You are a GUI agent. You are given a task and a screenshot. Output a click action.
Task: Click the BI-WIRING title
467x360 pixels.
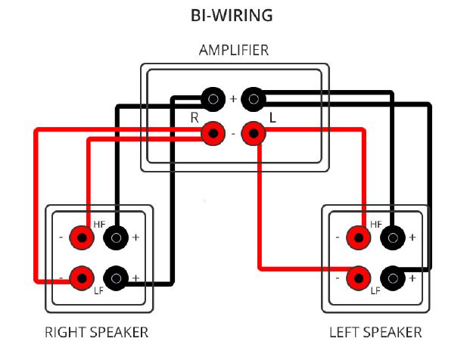point(232,15)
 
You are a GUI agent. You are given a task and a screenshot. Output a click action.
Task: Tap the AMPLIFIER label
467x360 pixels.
point(234,50)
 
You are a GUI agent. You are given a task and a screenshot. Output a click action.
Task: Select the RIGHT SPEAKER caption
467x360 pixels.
point(96,332)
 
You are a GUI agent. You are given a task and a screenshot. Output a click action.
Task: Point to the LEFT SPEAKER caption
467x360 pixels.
point(375,332)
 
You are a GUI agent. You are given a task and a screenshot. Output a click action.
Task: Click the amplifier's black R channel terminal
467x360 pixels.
point(213,99)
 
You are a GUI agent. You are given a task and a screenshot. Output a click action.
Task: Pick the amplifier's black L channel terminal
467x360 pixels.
point(254,99)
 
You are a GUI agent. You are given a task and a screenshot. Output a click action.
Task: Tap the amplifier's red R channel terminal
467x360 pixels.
point(213,134)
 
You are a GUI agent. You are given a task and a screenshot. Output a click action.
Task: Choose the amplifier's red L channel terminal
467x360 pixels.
point(254,134)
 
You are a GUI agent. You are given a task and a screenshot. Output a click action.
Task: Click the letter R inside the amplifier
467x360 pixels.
point(195,118)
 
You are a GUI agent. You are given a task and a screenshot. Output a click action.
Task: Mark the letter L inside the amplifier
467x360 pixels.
point(272,118)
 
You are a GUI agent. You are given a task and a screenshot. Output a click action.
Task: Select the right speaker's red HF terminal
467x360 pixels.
point(82,237)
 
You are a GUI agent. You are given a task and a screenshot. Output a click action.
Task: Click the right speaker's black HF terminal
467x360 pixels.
point(116,237)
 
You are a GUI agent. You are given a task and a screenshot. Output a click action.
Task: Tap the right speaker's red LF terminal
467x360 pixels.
point(82,278)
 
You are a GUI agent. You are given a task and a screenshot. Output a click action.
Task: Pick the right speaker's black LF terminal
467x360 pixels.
point(116,278)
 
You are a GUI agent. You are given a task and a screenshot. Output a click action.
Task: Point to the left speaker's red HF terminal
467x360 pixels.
point(359,237)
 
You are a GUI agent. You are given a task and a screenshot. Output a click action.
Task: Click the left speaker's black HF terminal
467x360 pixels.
point(393,237)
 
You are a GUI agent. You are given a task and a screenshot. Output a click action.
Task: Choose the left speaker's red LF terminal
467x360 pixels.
point(359,278)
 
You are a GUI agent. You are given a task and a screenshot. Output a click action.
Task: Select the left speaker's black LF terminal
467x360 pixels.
point(393,278)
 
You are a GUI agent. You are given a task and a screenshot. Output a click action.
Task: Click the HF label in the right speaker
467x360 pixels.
point(99,225)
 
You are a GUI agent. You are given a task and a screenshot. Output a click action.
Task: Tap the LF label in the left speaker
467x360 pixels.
point(375,290)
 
